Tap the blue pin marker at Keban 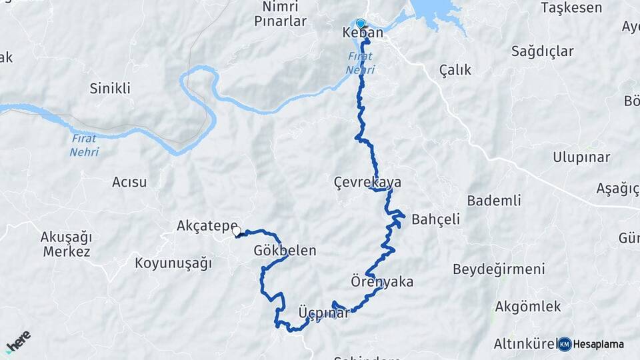click(361, 23)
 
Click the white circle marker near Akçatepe click(236, 231)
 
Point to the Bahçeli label click(436, 219)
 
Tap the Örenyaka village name click(382, 281)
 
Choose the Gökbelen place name click(285, 251)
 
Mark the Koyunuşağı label click(173, 263)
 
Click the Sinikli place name click(110, 88)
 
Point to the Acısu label click(129, 181)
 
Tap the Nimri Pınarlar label click(281, 14)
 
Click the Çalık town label click(455, 70)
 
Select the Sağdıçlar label click(543, 51)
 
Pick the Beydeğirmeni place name click(499, 269)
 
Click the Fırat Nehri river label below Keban click(361, 63)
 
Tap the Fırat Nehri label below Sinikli click(84, 145)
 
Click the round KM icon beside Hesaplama click(565, 344)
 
